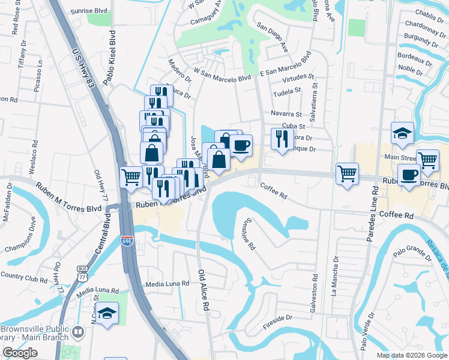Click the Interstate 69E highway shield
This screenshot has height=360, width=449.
[x=127, y=241]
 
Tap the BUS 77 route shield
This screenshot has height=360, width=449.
[x=83, y=273]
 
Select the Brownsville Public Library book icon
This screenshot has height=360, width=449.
[x=77, y=331]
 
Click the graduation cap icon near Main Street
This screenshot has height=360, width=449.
[x=402, y=133]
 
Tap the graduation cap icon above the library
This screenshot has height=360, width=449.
[x=107, y=313]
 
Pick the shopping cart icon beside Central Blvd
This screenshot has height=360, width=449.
[x=131, y=177]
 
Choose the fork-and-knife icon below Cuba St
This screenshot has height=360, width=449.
[x=282, y=139]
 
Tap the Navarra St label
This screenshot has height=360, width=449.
[x=286, y=113]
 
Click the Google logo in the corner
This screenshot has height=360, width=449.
[x=20, y=353]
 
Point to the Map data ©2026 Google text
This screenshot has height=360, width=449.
[x=411, y=355]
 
